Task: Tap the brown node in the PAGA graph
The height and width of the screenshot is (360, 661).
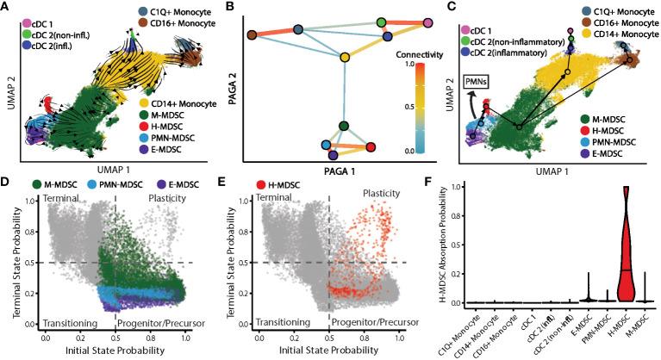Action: click(251, 35)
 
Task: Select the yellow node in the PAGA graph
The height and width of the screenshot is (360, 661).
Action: click(345, 57)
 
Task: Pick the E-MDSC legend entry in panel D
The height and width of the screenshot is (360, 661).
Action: click(169, 185)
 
